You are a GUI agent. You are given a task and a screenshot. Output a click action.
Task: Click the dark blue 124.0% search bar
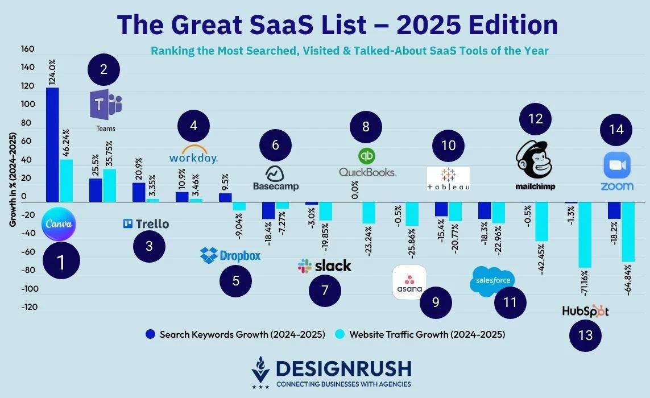(x=52, y=145)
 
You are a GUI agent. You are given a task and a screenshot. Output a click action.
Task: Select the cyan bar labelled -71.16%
(x=585, y=235)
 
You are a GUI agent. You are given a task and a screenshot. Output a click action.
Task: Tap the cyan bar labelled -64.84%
(x=628, y=231)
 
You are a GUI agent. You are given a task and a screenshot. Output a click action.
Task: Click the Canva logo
(x=59, y=223)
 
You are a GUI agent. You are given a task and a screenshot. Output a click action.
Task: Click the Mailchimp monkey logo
(x=534, y=160)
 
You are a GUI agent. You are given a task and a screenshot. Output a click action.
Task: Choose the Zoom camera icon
(x=616, y=165)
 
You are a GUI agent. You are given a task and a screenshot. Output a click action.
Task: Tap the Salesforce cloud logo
(x=492, y=280)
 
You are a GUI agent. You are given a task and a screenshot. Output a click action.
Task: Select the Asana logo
(x=409, y=281)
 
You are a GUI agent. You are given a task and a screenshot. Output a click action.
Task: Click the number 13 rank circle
(x=585, y=335)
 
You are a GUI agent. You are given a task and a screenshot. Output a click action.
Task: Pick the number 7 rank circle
(x=325, y=291)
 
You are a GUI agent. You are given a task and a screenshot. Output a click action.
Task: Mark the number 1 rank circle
(x=61, y=262)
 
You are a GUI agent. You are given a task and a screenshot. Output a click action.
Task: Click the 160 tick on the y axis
(x=28, y=49)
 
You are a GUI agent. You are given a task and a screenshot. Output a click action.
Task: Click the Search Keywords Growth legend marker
(x=150, y=334)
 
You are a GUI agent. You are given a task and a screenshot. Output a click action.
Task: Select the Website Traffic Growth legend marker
(x=340, y=334)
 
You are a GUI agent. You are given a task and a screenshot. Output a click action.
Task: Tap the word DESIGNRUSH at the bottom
(x=343, y=369)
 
